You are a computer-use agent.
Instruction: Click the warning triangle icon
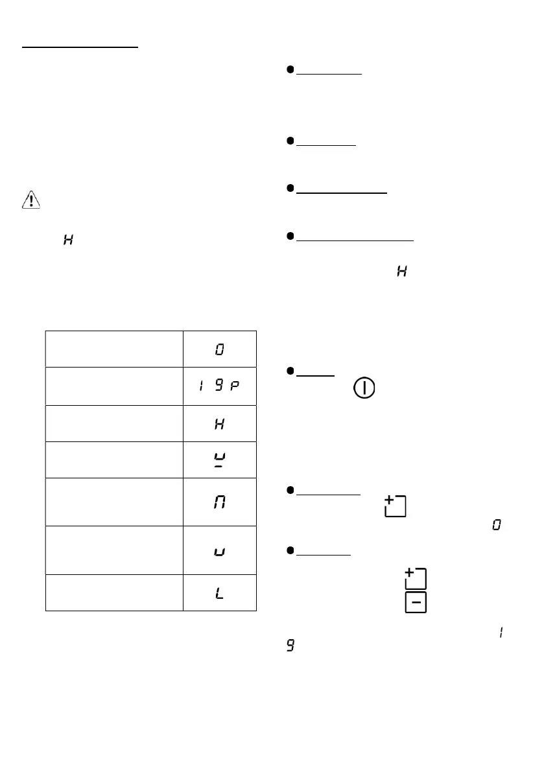30,201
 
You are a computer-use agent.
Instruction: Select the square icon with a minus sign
416,603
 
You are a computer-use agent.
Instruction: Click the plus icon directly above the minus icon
416,577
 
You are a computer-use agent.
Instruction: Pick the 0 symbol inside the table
220,350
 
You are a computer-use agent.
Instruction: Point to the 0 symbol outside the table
497,525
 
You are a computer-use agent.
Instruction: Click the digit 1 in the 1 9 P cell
200,387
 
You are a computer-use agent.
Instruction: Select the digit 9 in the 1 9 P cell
220,387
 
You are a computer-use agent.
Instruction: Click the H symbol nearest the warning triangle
67,240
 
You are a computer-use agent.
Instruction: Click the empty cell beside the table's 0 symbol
114,350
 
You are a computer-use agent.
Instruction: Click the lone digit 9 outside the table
290,648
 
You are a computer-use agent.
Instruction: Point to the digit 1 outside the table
501,631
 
